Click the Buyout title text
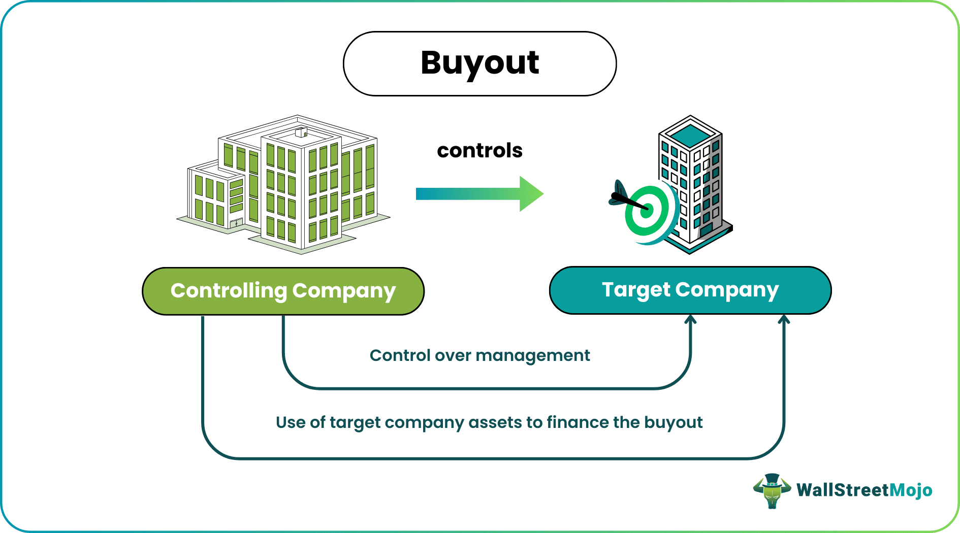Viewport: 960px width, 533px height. (x=479, y=63)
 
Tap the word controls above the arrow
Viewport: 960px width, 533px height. (x=479, y=151)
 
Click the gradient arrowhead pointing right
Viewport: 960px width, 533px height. (x=531, y=193)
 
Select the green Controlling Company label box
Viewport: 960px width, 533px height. (x=283, y=291)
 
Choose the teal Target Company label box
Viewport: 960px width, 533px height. (x=690, y=290)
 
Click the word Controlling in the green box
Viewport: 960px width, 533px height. (x=229, y=291)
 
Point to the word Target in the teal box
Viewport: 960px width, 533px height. (x=636, y=290)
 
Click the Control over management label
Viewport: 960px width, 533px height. (x=479, y=355)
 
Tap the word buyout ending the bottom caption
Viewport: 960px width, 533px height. (x=674, y=422)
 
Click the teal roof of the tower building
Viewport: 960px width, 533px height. (x=690, y=134)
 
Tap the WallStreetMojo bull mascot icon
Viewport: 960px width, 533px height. (x=772, y=490)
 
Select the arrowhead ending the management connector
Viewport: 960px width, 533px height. (x=690, y=320)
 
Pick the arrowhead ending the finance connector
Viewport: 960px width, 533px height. (x=784, y=320)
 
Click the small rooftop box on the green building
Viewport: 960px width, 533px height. (x=301, y=132)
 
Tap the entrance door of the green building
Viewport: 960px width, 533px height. (x=236, y=223)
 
